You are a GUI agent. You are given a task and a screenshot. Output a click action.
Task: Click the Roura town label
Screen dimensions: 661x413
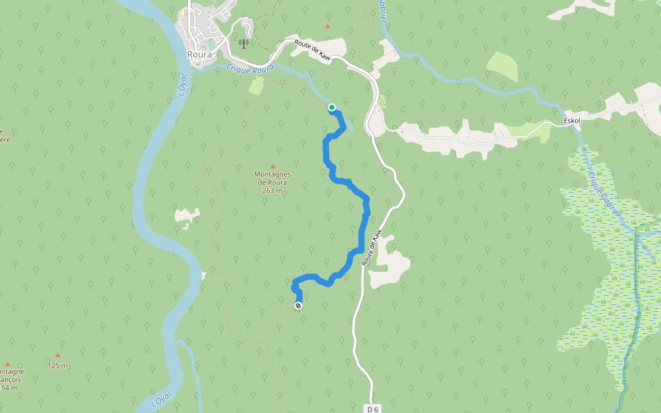coord(199,54)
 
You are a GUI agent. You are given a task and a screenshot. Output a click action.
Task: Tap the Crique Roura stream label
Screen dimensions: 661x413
coord(250,67)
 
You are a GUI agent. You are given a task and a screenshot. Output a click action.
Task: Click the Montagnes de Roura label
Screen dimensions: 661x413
coord(272,178)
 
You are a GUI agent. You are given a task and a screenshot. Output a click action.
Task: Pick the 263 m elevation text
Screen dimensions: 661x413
coord(272,191)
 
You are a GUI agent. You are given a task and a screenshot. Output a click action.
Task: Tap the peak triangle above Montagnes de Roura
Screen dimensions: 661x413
coord(272,167)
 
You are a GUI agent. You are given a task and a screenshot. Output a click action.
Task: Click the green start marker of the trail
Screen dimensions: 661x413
coord(332,107)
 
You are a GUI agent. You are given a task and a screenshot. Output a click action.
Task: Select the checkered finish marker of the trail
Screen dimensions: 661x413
coord(298,306)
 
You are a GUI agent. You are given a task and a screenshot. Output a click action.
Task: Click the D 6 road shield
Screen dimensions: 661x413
coord(373,409)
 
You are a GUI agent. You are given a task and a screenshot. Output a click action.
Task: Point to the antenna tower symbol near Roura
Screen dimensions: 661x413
coord(243,44)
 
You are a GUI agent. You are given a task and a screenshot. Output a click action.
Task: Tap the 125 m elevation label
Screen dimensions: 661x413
coord(58,366)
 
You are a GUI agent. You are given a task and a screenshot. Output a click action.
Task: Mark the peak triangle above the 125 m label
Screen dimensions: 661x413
coord(58,356)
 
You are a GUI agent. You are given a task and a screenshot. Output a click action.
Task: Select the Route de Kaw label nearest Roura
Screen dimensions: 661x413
coord(313,52)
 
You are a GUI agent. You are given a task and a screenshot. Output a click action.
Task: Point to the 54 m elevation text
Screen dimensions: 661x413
coord(10,388)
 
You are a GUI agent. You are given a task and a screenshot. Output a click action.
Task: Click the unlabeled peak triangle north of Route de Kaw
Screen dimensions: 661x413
coord(327,26)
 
